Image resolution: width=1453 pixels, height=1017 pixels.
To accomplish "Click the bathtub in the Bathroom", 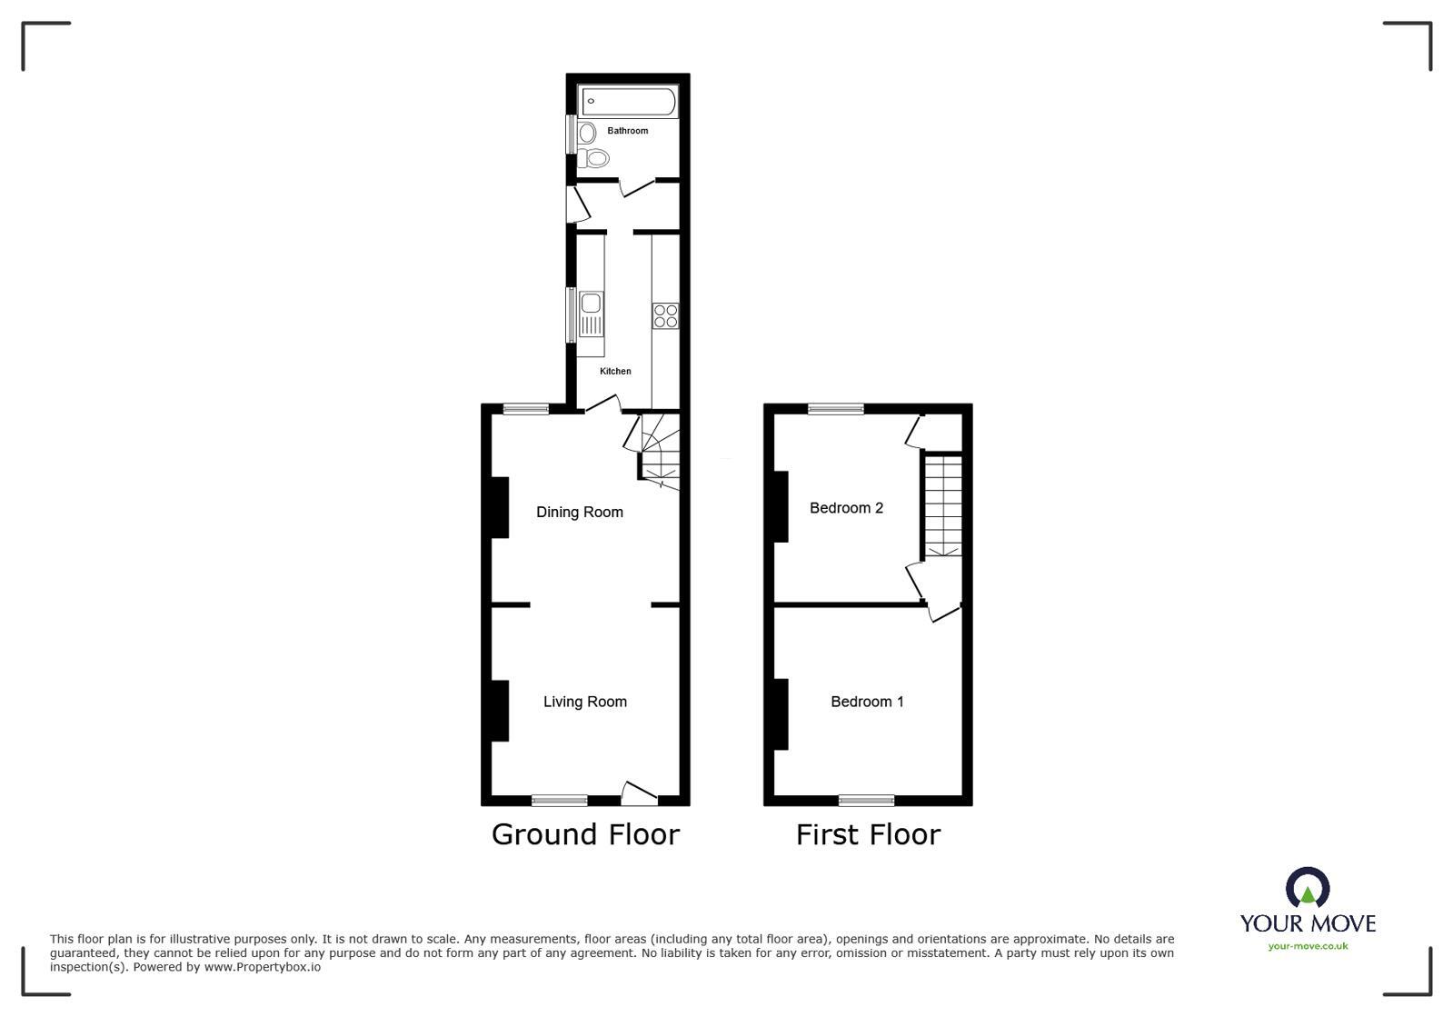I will [628, 101].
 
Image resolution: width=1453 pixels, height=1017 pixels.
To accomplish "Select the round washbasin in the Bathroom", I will [587, 133].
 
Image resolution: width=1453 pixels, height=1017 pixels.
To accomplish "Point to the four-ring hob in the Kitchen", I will [665, 315].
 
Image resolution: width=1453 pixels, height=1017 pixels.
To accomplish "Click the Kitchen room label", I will [615, 371].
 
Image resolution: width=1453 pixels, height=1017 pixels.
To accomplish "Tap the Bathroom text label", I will [628, 131].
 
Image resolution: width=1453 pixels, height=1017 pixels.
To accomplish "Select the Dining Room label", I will [580, 512].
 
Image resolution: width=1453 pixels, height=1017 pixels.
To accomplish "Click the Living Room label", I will [585, 702].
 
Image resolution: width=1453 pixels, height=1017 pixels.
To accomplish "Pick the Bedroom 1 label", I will [867, 702].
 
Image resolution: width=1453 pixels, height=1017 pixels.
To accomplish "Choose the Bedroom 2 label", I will [846, 508].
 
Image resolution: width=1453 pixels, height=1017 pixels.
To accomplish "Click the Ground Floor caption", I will [585, 834].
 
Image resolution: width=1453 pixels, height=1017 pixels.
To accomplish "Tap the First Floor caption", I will [868, 834].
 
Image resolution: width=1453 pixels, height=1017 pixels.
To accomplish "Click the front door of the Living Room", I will [640, 794].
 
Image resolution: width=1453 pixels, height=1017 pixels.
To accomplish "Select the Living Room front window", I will [560, 800].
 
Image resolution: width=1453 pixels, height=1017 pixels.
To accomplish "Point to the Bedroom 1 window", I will [866, 800].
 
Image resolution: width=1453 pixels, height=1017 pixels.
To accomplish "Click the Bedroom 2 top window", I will [836, 409].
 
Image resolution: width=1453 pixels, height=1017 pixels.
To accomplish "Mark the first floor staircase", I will [943, 505].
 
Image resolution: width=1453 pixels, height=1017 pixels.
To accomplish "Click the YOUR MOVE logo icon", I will [1308, 888].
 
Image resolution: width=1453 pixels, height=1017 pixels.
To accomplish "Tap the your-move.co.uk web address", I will [1308, 946].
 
